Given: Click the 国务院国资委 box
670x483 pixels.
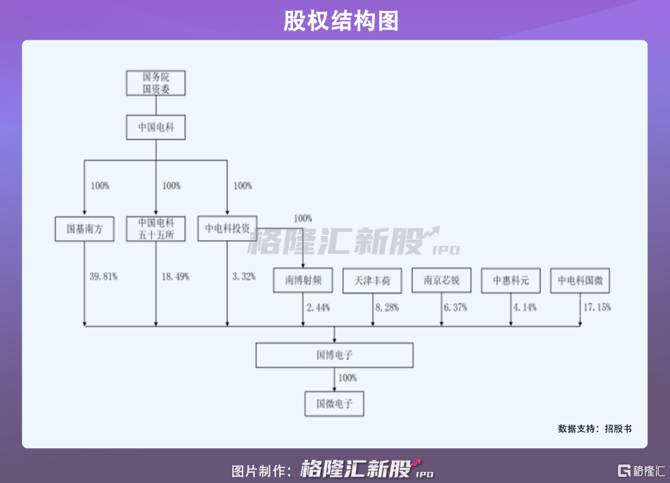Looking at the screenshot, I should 156,83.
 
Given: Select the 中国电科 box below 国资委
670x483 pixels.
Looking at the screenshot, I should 156,128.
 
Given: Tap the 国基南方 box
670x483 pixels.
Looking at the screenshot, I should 84,229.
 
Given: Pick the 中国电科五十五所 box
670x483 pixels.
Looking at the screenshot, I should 156,229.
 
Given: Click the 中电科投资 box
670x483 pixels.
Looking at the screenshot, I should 227,229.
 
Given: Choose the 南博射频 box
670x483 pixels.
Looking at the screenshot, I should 303,280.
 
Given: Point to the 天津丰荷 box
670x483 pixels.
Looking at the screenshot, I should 372,280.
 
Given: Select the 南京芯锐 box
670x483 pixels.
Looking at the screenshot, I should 441,280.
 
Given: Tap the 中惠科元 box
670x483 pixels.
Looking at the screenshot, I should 510,280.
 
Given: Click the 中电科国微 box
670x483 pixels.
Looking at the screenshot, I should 580,280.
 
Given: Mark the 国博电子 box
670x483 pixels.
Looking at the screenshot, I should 335,355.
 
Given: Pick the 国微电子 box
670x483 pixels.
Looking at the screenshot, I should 335,403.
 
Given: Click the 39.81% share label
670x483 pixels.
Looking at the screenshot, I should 104,277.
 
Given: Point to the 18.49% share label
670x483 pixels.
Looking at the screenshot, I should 176,277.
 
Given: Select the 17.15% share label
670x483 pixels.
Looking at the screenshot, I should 596,308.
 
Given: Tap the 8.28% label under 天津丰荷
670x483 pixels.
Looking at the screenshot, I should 386,308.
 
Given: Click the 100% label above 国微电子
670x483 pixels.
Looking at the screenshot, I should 348,378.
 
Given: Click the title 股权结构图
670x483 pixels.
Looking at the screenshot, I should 335,21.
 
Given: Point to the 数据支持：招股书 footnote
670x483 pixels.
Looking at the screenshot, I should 594,428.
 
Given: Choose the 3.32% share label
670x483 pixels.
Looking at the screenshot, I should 244,277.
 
